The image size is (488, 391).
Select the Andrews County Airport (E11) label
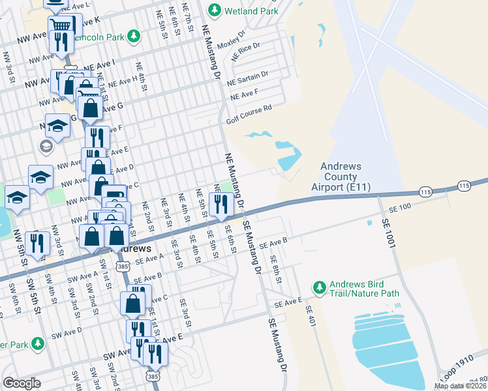click(x=339, y=177)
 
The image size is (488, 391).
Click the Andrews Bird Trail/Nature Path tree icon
click(x=319, y=287)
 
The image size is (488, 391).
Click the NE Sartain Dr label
click(x=247, y=79)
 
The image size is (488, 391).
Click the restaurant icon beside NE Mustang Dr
click(x=221, y=203)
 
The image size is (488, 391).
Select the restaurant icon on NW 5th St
click(x=38, y=243)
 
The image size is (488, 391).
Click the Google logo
click(x=22, y=383)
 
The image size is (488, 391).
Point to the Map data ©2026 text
click(x=460, y=386)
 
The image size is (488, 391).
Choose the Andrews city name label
click(x=134, y=249)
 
